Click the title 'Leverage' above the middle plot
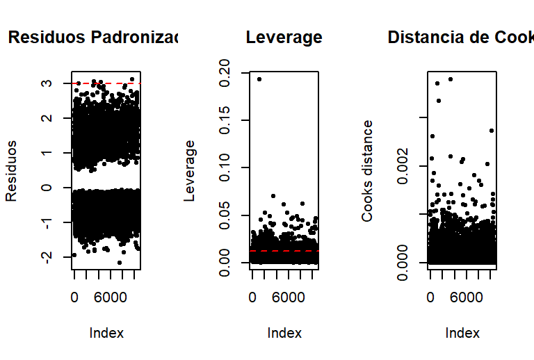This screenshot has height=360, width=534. tap(284, 38)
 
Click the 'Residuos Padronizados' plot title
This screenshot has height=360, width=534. tap(93, 38)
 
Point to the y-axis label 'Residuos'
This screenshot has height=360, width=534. tap(12, 170)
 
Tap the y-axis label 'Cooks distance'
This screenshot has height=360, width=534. tap(367, 170)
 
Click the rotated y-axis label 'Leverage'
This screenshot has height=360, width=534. tap(189, 170)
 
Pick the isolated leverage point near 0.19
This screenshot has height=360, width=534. tap(259, 79)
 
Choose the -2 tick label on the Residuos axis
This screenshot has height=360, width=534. tap(45, 257)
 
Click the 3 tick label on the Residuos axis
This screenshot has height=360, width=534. tap(45, 83)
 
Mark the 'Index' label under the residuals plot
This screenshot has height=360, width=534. tap(106, 334)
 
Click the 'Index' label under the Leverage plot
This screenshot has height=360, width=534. tap(284, 334)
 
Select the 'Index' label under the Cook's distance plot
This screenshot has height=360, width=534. tap(462, 334)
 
